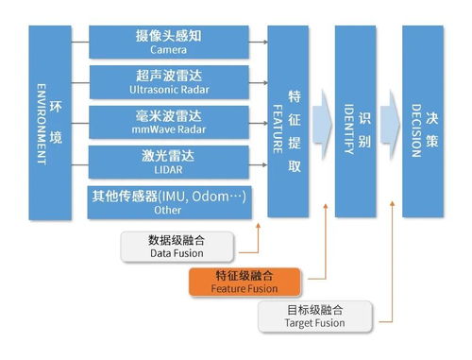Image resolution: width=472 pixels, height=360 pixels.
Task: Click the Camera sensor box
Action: (170, 41)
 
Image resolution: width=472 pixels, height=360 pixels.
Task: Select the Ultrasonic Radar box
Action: (170, 81)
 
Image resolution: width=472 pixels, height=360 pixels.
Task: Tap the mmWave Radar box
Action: (170, 122)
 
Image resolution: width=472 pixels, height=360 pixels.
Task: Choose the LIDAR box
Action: (170, 162)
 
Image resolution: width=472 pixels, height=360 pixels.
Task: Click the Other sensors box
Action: (170, 203)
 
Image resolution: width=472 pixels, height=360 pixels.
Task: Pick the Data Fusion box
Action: (177, 246)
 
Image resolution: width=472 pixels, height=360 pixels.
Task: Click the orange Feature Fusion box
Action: (244, 282)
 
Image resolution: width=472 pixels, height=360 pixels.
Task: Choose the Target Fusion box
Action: (313, 316)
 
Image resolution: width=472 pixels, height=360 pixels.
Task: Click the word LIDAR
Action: (170, 169)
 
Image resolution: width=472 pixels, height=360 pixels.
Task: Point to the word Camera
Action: (170, 48)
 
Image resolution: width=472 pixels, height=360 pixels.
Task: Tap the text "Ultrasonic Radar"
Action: (170, 89)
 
